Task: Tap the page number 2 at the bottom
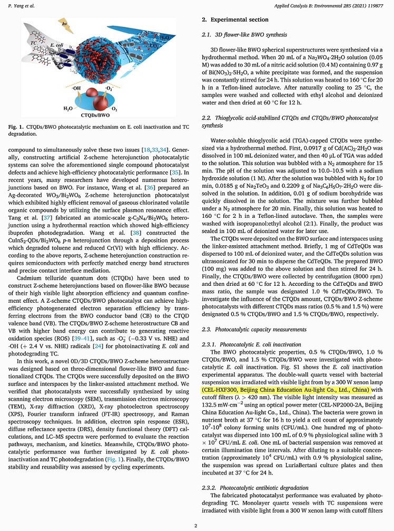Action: [196, 525]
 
